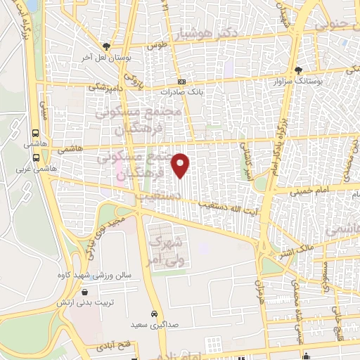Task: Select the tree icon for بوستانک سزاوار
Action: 298,70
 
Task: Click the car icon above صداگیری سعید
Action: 153,314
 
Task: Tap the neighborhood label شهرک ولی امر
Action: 164,252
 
